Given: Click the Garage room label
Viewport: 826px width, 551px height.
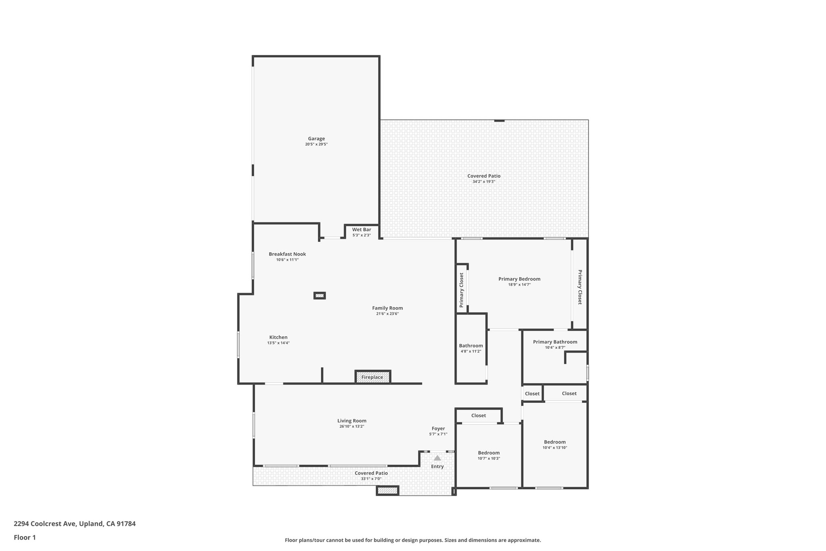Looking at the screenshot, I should point(316,138).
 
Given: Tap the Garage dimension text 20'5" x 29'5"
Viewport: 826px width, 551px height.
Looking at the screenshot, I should point(316,144).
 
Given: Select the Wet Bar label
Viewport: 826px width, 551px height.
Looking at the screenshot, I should point(361,230).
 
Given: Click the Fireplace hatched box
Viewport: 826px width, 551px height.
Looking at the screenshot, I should point(372,377).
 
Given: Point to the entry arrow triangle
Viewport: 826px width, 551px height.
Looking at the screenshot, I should point(437,458).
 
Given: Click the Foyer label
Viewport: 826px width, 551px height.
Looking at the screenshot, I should point(438,429).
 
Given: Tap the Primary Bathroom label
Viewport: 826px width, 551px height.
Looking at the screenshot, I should point(555,342).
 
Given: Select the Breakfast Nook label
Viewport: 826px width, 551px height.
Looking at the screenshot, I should point(287,254).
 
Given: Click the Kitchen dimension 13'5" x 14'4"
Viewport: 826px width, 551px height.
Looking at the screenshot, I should point(278,343).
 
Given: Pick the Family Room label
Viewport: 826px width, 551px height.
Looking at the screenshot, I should point(387,308).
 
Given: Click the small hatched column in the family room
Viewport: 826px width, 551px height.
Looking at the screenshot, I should point(319,295).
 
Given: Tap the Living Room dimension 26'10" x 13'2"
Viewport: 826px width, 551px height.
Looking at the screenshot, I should point(352,426).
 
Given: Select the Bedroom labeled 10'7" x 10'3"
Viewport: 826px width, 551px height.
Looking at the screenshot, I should point(489,453).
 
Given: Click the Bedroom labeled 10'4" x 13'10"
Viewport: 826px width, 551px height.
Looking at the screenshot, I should point(555,442).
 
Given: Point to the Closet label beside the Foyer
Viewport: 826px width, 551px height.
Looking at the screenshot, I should point(478,415).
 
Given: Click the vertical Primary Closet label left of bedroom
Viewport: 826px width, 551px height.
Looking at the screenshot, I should point(461,290).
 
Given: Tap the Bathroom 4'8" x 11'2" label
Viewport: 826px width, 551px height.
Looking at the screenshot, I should point(471,346).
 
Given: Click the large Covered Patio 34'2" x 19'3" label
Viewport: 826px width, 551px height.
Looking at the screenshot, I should point(484,176).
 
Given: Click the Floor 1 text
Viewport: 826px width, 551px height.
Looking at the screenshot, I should point(25,537).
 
